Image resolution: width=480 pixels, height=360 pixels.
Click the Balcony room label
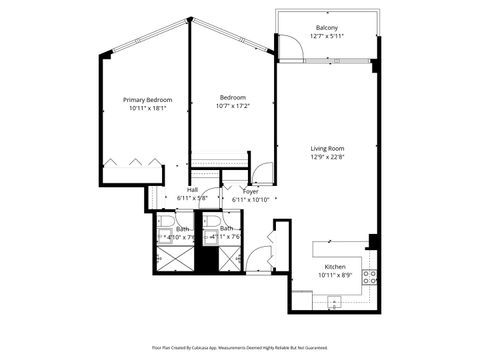(x=326, y=27)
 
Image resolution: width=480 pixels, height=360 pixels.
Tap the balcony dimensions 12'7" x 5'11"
(x=326, y=36)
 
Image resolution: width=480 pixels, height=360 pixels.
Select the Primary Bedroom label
(x=147, y=100)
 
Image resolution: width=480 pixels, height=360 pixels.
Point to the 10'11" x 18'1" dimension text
(x=147, y=109)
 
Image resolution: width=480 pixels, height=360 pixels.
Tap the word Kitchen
(x=334, y=267)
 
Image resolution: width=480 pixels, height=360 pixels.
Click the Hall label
(x=192, y=190)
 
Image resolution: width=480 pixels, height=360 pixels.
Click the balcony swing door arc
(x=291, y=47)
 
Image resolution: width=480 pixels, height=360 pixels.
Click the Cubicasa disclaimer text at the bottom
(x=240, y=347)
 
